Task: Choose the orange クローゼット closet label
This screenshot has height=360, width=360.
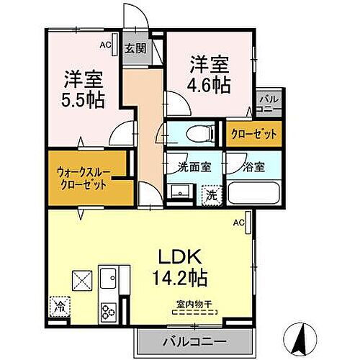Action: point(252,135)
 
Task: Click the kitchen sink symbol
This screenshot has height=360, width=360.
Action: point(110,277)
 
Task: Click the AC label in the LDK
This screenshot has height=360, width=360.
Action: point(239,222)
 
